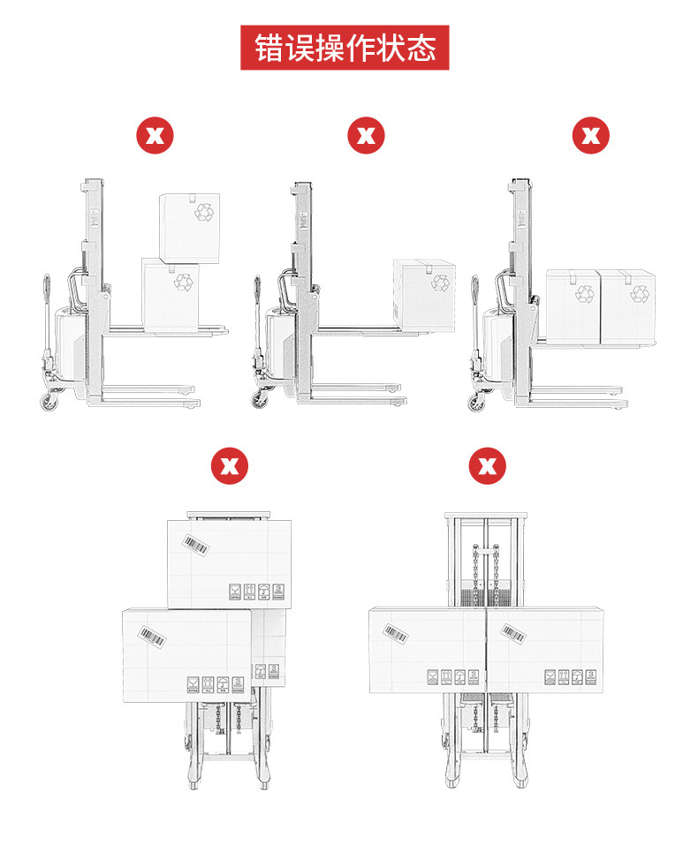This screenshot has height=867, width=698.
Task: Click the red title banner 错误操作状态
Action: [x=345, y=48]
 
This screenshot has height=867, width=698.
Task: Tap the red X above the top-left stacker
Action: [x=154, y=136]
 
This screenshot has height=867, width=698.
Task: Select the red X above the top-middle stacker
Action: [x=366, y=136]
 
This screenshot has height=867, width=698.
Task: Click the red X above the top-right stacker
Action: [x=591, y=136]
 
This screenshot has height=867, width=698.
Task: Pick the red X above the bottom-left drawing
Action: [x=230, y=465]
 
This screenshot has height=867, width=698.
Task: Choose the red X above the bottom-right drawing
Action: [x=487, y=465]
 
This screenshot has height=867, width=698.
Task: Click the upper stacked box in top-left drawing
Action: [x=188, y=226]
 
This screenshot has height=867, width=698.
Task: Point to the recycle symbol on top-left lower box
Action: [x=184, y=281]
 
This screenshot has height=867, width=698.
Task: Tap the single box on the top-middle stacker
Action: [x=424, y=295]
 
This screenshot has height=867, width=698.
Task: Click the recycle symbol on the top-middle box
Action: [x=439, y=283]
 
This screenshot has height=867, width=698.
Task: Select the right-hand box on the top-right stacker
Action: [x=627, y=305]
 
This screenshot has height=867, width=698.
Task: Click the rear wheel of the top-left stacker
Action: [x=46, y=403]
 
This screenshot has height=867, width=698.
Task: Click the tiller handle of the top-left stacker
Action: [x=43, y=291]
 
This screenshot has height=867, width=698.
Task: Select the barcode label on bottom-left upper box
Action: [x=197, y=545]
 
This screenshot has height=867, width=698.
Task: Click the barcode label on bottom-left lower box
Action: [x=151, y=636]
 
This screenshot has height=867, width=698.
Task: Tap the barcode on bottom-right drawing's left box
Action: [x=394, y=632]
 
